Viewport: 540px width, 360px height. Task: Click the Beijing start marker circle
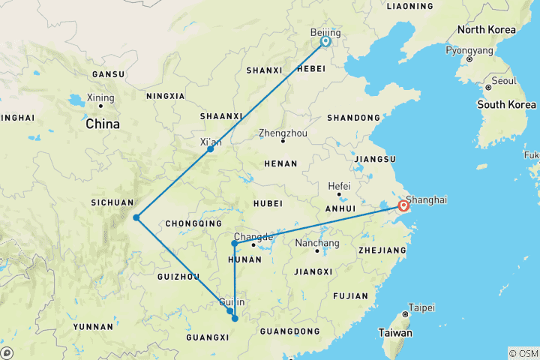tap(325, 42)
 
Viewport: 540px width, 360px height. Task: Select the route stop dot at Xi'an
tap(211, 148)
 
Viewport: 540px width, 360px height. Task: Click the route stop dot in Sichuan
tap(136, 217)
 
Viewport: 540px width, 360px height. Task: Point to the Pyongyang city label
tap(469, 50)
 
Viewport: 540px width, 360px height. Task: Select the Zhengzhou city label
tap(283, 132)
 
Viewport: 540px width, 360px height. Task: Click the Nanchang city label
tap(318, 243)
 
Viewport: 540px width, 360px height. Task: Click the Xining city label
tap(100, 98)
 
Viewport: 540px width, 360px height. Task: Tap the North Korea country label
tap(487, 29)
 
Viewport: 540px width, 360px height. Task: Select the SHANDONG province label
tap(353, 118)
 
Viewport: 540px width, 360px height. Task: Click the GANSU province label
tap(107, 74)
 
